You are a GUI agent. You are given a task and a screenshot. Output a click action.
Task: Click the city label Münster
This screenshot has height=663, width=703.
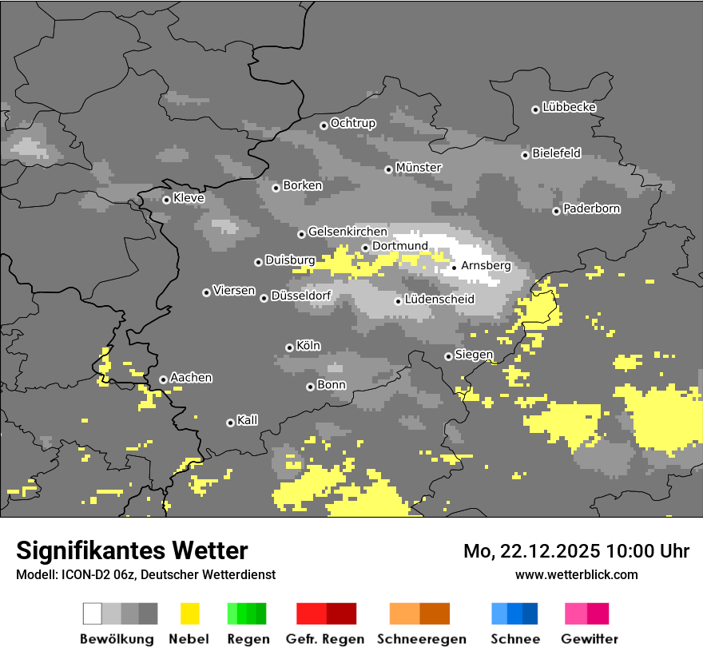419,168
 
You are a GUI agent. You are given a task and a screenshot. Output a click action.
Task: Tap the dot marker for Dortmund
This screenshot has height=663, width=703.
365,248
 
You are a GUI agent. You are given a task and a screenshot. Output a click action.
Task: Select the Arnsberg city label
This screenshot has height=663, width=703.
486,265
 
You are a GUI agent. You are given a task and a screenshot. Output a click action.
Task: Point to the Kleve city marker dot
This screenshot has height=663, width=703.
166,200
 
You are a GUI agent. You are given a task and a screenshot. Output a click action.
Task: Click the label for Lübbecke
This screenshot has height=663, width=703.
569,107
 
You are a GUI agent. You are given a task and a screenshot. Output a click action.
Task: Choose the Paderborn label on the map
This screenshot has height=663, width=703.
591,208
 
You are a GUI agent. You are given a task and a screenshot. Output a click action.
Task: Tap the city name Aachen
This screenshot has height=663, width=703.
191,378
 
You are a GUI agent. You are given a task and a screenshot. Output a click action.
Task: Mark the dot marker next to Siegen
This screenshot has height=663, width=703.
448,356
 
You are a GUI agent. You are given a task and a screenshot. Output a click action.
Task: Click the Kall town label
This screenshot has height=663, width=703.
247,420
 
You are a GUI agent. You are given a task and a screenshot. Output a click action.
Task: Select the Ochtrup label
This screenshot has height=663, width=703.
352,123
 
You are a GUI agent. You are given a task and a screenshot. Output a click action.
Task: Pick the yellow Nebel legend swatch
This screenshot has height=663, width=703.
189,613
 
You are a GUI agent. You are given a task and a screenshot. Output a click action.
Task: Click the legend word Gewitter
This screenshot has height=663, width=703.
589,639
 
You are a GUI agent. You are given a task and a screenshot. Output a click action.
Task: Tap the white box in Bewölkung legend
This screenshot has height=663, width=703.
93,613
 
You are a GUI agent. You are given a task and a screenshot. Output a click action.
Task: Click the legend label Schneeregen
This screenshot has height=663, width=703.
422,639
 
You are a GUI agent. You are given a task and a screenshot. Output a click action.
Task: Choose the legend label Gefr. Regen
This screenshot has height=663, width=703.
325,639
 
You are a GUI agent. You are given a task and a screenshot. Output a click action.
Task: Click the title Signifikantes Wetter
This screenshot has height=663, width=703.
132,550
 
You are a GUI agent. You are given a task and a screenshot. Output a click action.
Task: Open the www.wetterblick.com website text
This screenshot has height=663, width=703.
576,574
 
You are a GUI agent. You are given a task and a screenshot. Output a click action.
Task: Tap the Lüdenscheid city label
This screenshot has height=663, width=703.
439,300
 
